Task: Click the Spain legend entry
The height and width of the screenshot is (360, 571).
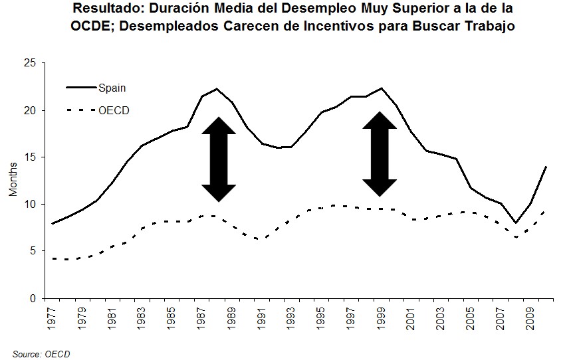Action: coord(112,87)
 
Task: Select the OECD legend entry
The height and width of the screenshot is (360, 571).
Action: coord(113,110)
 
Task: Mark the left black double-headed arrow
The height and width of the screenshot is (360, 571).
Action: coord(219,159)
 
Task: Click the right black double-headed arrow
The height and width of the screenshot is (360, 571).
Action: coord(380,154)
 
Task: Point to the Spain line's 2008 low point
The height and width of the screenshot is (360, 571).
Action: coord(516,223)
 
